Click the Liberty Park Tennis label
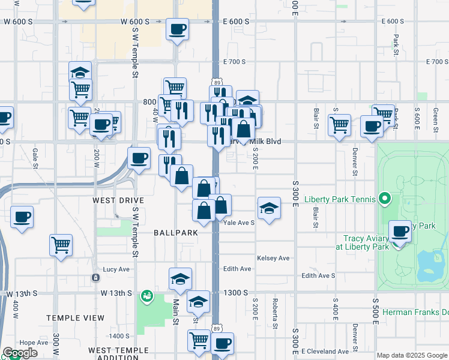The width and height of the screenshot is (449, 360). coord(340,199)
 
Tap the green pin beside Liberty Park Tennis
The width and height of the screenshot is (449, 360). coord(385,199)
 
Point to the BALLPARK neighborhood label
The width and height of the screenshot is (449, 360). coord(175,232)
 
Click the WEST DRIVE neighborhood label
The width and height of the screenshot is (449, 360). coord(118,200)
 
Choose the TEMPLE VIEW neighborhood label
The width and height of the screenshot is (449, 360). coord(70,317)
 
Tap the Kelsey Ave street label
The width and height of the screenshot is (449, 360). coord(273,258)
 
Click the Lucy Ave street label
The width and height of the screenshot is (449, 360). coord(116,269)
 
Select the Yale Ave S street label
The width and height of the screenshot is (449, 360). coord(239,222)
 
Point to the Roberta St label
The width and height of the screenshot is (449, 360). coord(275,313)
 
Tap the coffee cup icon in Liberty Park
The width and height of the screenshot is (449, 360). coord(400,232)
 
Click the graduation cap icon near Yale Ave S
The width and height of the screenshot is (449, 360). coord(269,209)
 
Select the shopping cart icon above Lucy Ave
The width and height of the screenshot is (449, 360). coord(61,245)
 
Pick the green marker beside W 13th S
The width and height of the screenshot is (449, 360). coord(146,296)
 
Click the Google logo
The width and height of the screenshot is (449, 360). coord(20,353)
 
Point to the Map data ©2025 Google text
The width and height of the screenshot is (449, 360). coord(411,355)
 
